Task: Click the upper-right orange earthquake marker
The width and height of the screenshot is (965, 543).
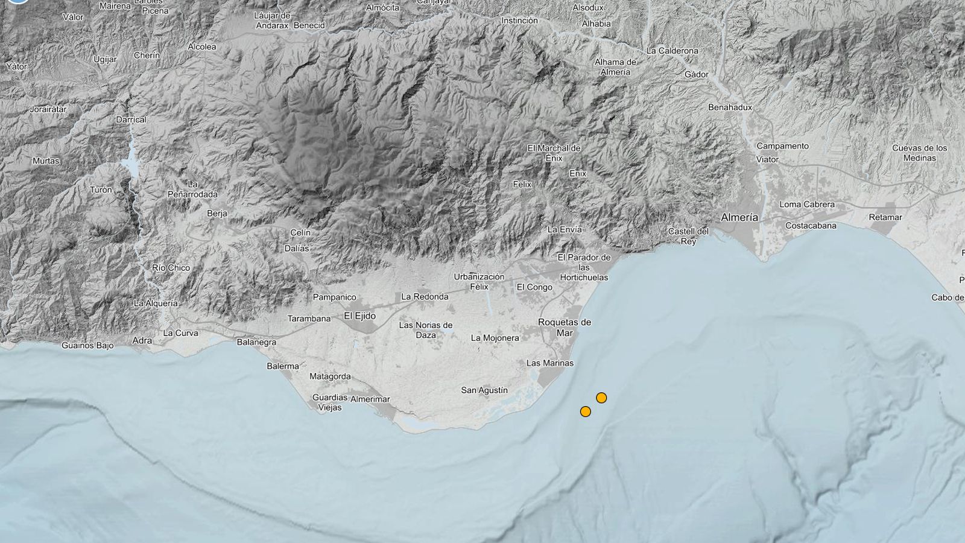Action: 601,398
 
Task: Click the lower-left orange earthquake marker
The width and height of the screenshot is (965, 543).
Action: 585,411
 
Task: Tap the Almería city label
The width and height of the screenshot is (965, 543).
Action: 739,217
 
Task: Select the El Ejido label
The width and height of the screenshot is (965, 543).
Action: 359,316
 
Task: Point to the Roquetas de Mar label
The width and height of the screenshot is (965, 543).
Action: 565,328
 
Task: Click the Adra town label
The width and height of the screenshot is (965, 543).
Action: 142,340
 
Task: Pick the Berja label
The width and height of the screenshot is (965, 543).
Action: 217,214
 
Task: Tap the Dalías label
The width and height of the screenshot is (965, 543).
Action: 297,248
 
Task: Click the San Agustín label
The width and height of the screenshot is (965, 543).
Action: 484,390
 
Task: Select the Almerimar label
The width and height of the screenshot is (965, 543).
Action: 370,399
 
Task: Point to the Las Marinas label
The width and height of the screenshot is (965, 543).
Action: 550,363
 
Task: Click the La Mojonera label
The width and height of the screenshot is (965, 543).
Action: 495,338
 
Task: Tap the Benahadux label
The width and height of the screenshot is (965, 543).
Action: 730,107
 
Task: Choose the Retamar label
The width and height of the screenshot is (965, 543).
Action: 885,217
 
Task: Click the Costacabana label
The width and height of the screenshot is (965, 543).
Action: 811,226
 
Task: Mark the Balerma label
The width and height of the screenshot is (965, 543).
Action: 283,366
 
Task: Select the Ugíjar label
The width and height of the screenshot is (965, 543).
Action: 105,59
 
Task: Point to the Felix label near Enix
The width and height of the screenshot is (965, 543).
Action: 522,184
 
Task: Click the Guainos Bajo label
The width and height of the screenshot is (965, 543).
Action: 87,346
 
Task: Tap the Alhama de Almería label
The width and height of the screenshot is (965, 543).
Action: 615,67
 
